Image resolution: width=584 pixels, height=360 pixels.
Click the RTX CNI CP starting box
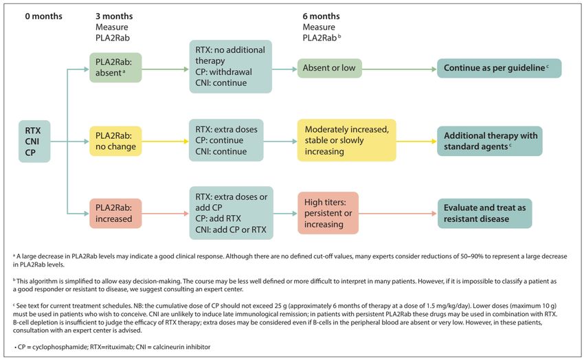(x=34, y=142)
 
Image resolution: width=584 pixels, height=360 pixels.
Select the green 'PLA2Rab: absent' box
(x=115, y=67)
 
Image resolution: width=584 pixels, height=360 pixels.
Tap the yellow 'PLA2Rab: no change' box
(x=115, y=141)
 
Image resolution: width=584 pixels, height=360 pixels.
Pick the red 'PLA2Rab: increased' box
(x=115, y=213)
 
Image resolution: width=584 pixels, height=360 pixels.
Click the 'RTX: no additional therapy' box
(x=231, y=67)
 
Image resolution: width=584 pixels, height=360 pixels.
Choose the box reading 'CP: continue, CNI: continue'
(x=226, y=140)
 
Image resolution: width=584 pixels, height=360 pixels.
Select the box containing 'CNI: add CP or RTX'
(x=231, y=213)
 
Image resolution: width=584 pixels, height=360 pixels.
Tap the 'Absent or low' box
(x=330, y=68)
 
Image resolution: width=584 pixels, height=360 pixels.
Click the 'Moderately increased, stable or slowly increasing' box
(x=347, y=140)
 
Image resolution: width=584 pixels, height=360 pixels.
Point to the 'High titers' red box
(x=328, y=213)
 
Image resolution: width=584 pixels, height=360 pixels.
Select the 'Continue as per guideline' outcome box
(x=499, y=68)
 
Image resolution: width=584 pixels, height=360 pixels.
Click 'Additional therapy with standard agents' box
(x=490, y=141)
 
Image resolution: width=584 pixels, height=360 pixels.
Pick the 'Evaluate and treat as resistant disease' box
(x=484, y=213)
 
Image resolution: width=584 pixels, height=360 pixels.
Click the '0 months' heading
(x=43, y=16)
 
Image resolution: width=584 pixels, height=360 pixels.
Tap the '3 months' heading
(x=114, y=16)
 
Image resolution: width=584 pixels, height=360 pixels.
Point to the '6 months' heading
(x=321, y=16)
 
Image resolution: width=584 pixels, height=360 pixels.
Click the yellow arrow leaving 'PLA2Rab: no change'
(x=166, y=142)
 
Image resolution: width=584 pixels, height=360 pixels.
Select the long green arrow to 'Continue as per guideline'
(x=400, y=69)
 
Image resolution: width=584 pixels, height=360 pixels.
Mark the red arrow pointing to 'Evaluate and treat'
(x=398, y=214)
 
